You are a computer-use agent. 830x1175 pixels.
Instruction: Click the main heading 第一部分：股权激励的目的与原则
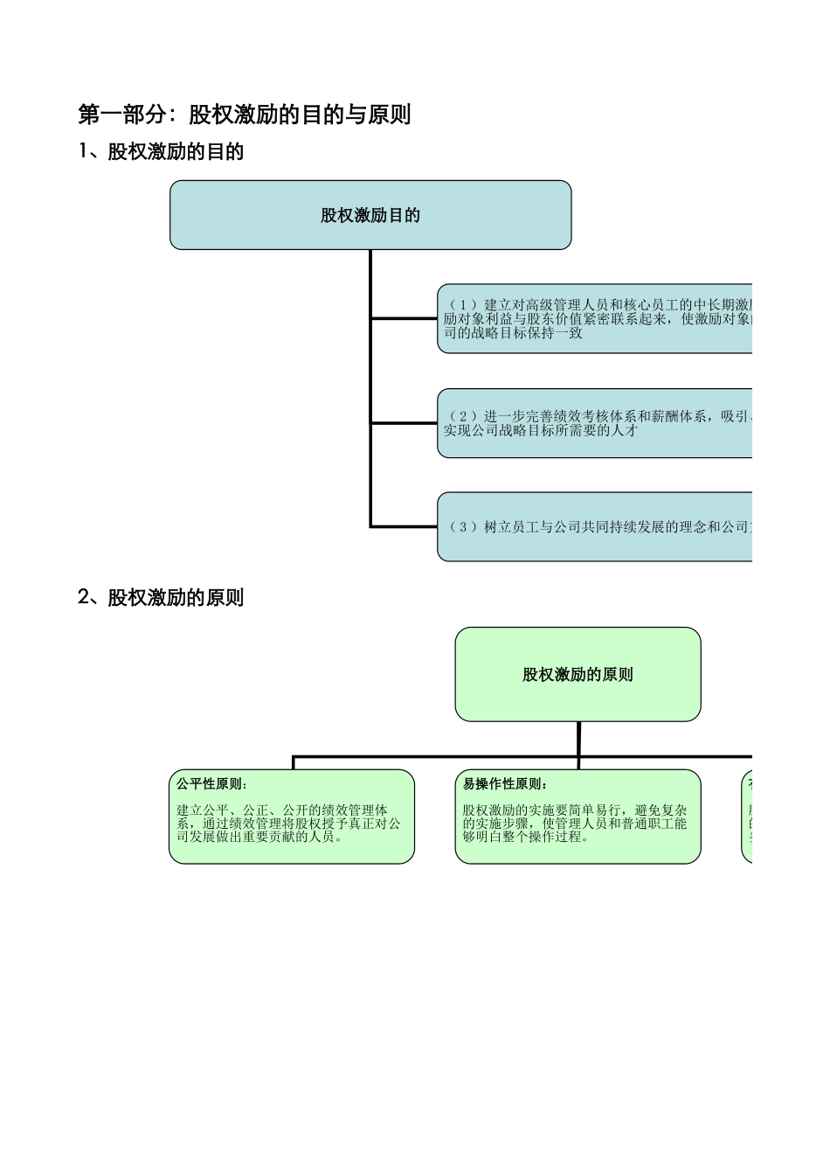tap(244, 115)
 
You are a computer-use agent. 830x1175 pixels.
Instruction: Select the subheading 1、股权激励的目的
tap(161, 151)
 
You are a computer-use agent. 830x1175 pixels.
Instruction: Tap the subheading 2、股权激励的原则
tap(161, 597)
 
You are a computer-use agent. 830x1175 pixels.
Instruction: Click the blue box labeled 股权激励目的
tap(370, 215)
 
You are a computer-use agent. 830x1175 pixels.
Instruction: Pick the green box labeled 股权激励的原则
tap(578, 674)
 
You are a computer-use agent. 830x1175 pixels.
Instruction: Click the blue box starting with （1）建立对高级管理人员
tap(594, 318)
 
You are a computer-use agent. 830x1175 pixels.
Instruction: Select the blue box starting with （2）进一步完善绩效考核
tap(594, 423)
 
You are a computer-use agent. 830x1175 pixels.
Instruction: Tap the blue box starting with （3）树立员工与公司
tap(594, 526)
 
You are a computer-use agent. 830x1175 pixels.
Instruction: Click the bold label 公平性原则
tap(211, 784)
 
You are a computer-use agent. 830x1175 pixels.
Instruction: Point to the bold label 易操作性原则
tap(505, 784)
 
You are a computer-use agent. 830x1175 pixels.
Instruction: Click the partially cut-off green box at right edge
tap(747, 817)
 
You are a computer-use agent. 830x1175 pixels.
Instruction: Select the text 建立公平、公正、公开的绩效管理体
tap(282, 810)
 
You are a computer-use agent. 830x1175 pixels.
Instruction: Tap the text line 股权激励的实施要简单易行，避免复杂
tap(575, 810)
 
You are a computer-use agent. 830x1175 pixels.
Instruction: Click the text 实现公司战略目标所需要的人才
tap(540, 430)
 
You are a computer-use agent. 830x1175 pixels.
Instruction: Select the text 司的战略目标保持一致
tap(512, 332)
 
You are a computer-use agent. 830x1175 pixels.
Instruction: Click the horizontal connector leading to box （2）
tap(404, 423)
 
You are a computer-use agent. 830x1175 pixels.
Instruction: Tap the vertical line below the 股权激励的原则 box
tap(578, 739)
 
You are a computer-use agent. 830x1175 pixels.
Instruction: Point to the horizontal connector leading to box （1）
tap(404, 319)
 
